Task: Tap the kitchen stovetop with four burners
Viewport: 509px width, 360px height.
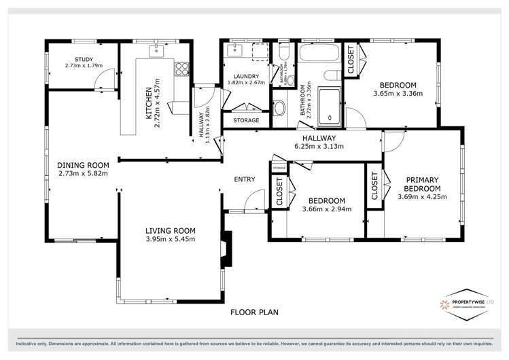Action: coord(181,68)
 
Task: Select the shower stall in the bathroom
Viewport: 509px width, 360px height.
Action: coord(330,106)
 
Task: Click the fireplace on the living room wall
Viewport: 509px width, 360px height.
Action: coord(226,247)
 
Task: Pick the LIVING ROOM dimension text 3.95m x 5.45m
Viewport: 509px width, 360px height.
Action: coord(170,239)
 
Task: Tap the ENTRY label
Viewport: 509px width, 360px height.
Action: coord(244,179)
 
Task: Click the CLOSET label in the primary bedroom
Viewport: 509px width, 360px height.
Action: coord(374,185)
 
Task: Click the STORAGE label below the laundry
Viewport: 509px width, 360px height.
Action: coord(246,120)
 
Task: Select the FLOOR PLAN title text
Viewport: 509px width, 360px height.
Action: coord(254,312)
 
